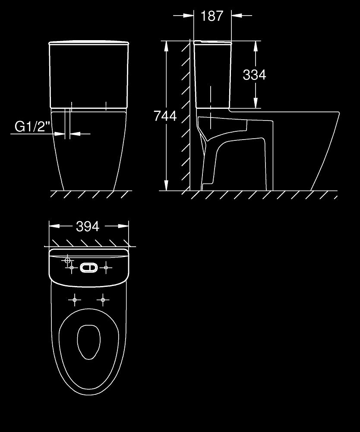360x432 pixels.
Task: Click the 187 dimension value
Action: pos(212,16)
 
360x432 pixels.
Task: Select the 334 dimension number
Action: pos(254,75)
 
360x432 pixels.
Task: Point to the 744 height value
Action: pos(165,116)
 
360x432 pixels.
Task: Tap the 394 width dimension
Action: pos(88,226)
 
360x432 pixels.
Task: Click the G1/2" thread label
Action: pos(32,127)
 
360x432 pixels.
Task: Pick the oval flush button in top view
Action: pos(88,267)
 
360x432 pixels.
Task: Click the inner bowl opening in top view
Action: pos(88,342)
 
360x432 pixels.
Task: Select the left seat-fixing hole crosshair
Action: pos(74,300)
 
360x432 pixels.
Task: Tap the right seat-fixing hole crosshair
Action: pos(103,300)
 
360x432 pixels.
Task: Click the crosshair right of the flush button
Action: pos(106,267)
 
